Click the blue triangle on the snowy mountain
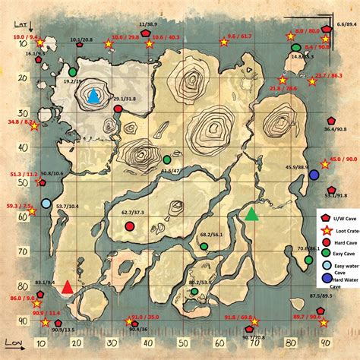93,96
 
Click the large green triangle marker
251,213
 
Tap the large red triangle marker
68,265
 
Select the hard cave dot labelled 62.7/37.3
129,226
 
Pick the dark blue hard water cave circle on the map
314,175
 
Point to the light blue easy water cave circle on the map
46,204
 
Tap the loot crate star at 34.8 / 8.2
34,126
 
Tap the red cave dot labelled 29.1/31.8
118,109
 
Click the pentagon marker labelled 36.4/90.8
330,120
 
